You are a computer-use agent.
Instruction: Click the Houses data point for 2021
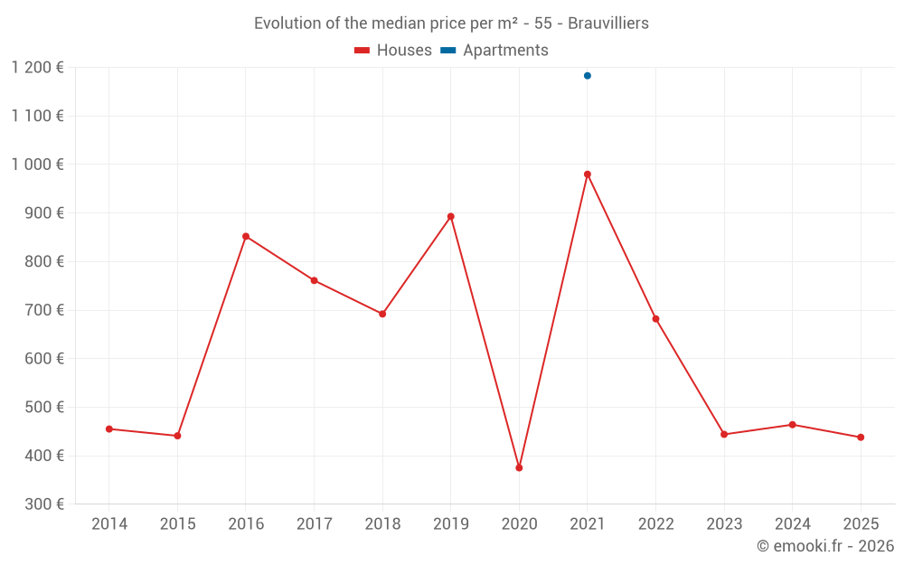588,174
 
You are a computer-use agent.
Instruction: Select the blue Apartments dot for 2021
588,76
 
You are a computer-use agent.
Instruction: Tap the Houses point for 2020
519,468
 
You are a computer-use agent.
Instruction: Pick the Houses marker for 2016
246,237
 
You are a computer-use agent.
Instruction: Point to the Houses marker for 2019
451,217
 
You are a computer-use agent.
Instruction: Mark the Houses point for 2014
109,429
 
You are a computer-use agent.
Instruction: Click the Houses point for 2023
724,435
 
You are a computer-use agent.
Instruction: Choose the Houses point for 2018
382,315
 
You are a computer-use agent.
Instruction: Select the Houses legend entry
393,51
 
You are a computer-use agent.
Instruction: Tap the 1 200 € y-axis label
38,68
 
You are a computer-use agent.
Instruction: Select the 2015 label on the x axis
177,524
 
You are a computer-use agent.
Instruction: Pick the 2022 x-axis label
655,524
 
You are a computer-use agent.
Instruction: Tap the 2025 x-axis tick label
861,524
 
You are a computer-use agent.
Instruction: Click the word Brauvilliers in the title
608,24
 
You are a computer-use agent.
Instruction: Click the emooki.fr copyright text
825,546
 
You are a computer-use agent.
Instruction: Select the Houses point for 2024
793,425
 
